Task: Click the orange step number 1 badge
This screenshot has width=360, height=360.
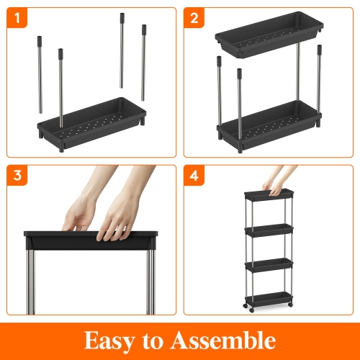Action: click(x=17, y=18)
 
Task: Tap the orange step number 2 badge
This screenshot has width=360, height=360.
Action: click(x=194, y=18)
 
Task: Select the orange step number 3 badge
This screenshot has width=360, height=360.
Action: click(x=17, y=176)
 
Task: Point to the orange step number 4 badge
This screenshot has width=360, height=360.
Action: click(x=194, y=176)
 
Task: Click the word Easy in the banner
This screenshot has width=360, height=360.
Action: click(x=109, y=341)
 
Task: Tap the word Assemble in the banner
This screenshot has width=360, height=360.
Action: click(x=223, y=340)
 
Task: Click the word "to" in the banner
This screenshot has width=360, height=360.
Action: click(x=153, y=341)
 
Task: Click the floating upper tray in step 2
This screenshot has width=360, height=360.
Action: click(x=269, y=35)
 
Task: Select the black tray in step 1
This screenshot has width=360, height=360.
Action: click(x=91, y=124)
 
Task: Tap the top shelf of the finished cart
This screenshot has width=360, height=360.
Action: click(x=269, y=194)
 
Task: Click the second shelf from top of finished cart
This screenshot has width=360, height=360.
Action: click(x=269, y=230)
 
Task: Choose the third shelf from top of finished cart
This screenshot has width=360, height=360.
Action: click(x=269, y=265)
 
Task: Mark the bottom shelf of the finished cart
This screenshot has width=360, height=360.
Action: click(x=269, y=300)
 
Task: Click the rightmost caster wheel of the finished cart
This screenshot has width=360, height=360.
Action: click(x=290, y=305)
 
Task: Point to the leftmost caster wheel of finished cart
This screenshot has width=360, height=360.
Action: click(x=246, y=306)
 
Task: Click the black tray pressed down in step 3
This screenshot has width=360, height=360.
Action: click(x=91, y=240)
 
